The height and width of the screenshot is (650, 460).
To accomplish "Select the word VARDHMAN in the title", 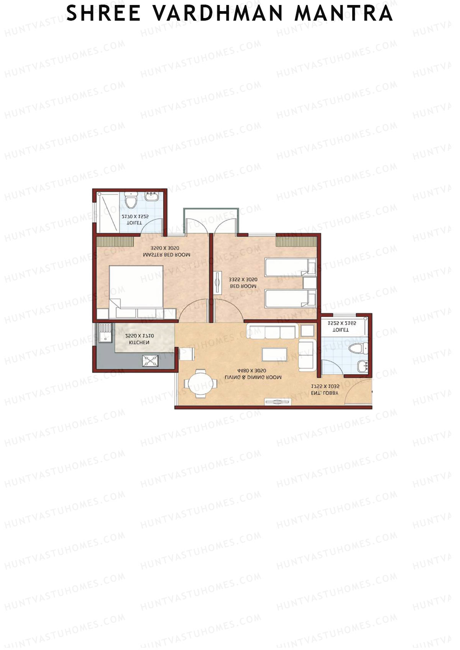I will (x=218, y=13).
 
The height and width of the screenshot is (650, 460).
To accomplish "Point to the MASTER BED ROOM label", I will (x=166, y=255).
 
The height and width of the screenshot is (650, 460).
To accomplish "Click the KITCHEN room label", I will (x=139, y=342).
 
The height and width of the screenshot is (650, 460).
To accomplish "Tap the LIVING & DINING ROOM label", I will (x=253, y=377).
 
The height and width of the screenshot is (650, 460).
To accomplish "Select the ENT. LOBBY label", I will (x=325, y=393).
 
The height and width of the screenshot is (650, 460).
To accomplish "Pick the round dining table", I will (x=199, y=383).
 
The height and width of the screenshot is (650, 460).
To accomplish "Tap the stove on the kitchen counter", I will (x=150, y=361).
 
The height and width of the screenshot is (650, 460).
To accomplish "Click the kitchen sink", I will (x=104, y=332).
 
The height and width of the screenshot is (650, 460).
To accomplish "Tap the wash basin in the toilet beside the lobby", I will (x=363, y=366).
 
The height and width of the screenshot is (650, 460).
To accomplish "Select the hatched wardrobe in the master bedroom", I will (x=115, y=242).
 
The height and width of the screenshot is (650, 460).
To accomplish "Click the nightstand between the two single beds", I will (x=309, y=283).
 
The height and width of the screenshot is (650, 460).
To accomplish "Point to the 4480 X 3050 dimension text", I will (x=251, y=371).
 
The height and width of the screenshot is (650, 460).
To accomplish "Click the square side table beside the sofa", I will (x=307, y=331).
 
